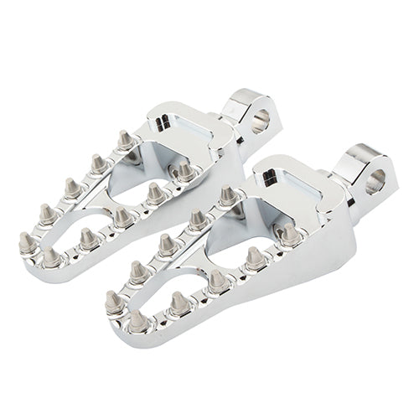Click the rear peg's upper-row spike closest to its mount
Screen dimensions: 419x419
(125, 139)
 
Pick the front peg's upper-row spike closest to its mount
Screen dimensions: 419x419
(227, 196)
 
